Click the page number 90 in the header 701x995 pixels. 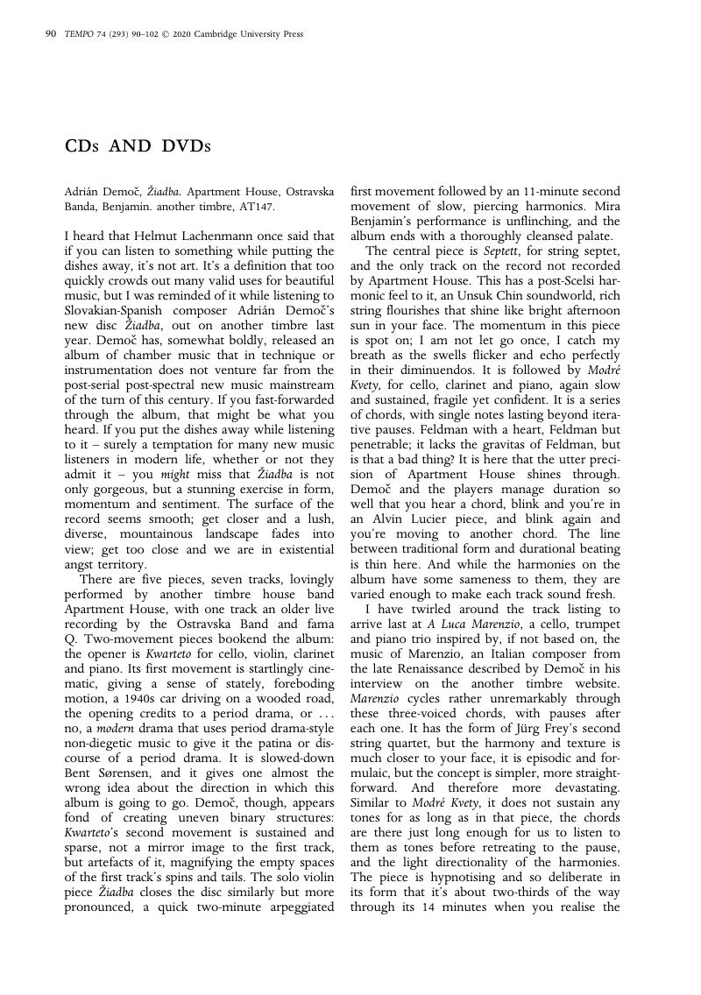pos(50,34)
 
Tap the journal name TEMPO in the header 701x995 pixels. pos(79,34)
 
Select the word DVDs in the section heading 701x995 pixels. pos(187,146)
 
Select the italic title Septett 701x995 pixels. pos(501,251)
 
